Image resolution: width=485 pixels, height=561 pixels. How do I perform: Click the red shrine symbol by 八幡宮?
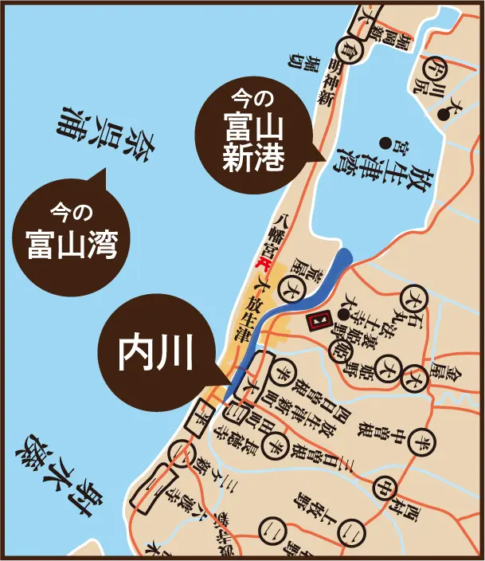260,264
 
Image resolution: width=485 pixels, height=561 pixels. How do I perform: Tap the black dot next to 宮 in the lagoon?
385,144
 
